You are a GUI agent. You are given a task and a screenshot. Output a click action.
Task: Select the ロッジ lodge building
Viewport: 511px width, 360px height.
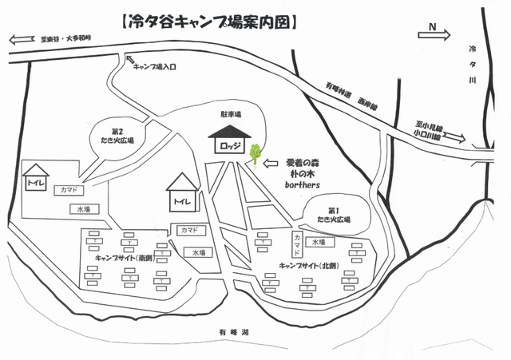coord(226,146)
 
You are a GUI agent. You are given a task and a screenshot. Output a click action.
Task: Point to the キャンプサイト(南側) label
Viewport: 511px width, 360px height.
coord(123,258)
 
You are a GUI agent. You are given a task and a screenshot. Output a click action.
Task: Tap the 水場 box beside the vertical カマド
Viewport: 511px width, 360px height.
coord(318,242)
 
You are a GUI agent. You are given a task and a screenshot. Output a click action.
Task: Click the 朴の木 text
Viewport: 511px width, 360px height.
coord(303,172)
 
